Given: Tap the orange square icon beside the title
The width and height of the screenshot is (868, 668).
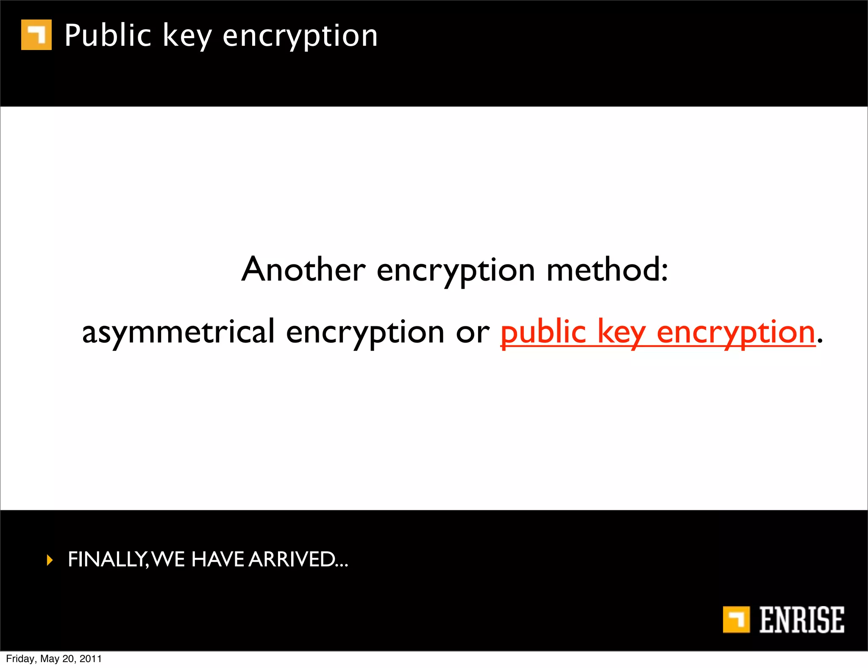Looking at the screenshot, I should tap(36, 35).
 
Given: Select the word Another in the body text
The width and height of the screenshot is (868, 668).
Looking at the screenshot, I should tap(303, 270).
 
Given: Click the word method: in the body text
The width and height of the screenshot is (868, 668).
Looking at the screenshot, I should tap(607, 270).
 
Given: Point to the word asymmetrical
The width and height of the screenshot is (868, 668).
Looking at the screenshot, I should tap(178, 332).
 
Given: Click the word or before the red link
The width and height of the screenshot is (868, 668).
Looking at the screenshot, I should tap(473, 333).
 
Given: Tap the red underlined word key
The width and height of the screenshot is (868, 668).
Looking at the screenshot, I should tap(622, 333).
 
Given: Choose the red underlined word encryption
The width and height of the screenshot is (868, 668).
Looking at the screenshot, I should tap(736, 333).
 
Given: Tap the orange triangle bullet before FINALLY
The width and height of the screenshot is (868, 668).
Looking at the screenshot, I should tap(50, 560).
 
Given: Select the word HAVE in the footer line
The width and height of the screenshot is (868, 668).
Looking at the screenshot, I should tap(217, 559).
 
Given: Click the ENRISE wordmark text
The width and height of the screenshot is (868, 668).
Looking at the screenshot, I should tap(801, 620).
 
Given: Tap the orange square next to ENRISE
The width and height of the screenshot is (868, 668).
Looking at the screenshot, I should tap(736, 620).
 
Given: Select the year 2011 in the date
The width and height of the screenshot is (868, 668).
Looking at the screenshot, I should tap(91, 659).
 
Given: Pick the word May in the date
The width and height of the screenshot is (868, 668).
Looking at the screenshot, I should tap(50, 659).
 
